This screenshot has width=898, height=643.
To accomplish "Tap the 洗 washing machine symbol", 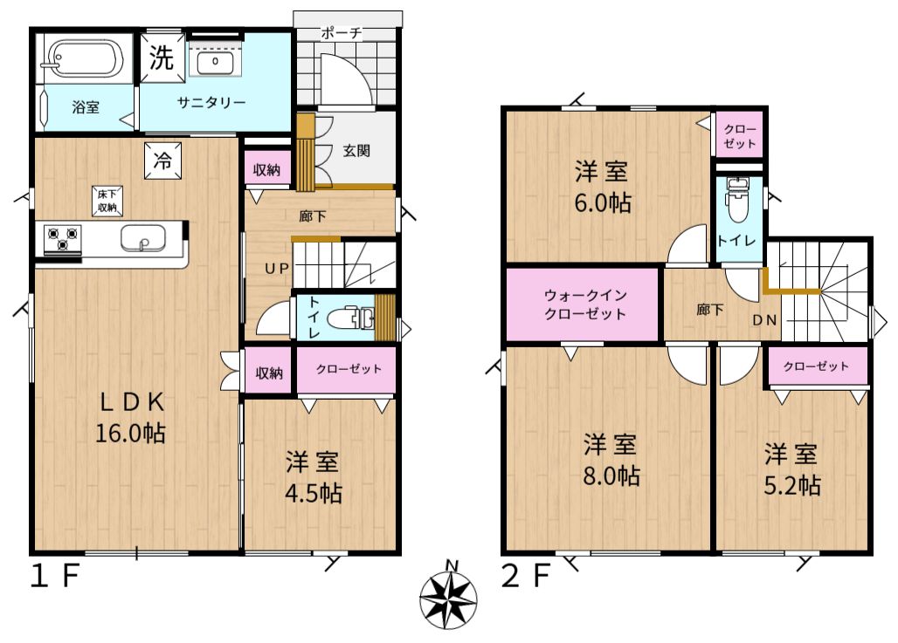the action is point(162,58).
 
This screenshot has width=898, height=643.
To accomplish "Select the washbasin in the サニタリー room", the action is point(216,61).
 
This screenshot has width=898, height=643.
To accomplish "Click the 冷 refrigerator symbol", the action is point(162,161).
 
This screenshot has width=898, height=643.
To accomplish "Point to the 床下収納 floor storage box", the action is point(107,201).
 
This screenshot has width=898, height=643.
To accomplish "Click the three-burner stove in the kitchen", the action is point(62,240).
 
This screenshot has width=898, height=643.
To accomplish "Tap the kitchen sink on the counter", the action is point(143,238).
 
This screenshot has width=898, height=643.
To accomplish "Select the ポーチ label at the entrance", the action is point(342,32).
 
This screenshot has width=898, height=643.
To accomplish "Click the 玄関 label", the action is point(356,151).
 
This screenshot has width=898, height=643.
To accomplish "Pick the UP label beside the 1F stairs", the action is point(277,268).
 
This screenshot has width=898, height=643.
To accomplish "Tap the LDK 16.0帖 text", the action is point(131,418).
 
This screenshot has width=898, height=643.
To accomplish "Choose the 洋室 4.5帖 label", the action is point(314,478).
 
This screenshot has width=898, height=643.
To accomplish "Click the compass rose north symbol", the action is point(448,599).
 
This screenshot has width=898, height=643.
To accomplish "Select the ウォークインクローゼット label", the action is point(584,304).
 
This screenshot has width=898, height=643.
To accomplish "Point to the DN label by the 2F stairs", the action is point(764,320).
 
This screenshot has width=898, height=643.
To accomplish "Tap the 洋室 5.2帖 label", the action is point(791,469).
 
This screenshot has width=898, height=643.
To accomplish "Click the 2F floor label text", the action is point(526,576).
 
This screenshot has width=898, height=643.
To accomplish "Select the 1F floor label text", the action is point(54,576).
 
